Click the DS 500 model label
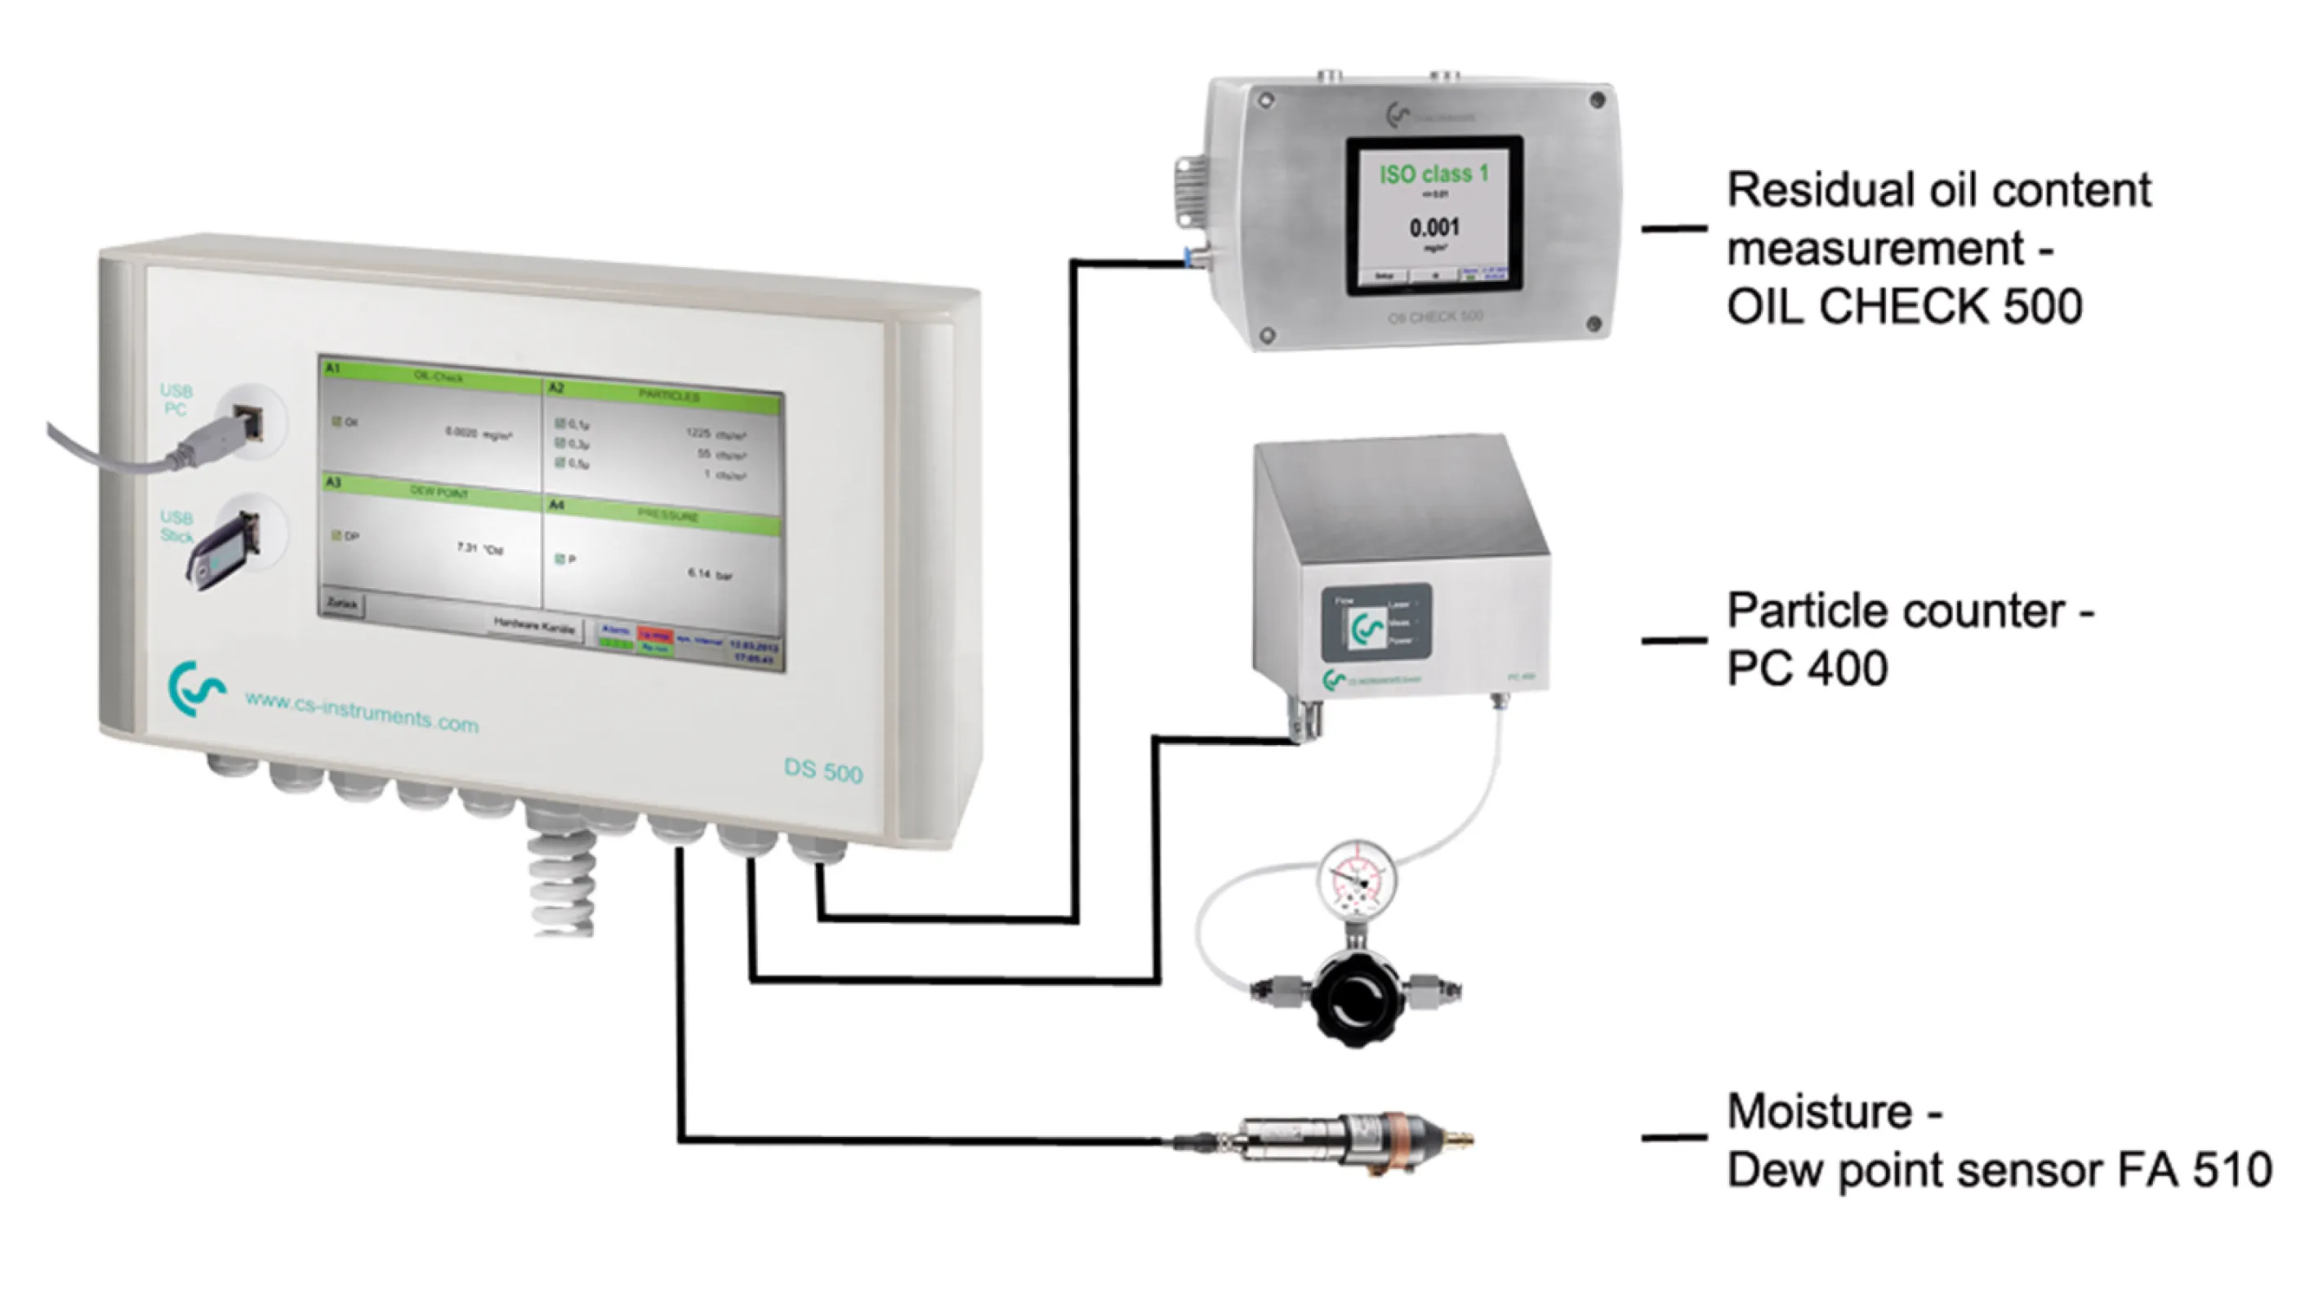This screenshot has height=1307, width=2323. [823, 770]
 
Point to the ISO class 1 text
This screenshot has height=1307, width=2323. [1433, 173]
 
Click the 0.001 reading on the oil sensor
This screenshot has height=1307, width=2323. [1433, 227]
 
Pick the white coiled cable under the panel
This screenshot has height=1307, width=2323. [562, 884]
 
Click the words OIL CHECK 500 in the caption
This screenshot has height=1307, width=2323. [1904, 306]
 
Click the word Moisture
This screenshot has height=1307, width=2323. [1820, 1111]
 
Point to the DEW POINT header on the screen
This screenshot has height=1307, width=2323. [439, 493]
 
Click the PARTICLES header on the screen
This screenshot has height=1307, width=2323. [668, 396]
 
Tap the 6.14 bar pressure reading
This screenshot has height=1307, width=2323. [710, 573]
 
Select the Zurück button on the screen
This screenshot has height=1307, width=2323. [343, 604]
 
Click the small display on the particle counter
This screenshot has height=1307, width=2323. [1376, 623]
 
